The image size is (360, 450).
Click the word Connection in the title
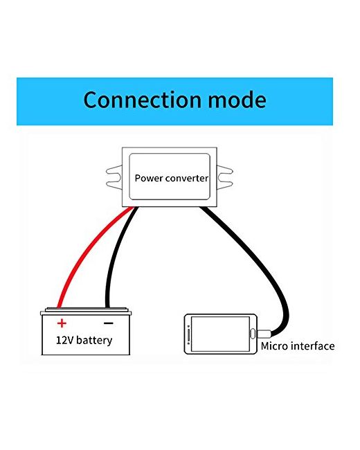pos(142,100)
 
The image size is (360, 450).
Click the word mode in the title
pos(237,100)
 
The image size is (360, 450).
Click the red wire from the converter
pos(86,253)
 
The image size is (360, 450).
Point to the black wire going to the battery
pos(114,255)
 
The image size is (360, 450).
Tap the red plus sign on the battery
pos(62,323)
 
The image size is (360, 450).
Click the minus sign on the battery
pos(108,323)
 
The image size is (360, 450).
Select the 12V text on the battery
pos(65,341)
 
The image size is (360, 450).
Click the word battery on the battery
pos(94,341)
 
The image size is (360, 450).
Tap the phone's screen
pos(220,334)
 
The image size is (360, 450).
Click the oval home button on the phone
pos(253,334)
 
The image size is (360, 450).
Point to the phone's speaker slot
pos(188,334)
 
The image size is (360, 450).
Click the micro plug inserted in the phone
pos(264,334)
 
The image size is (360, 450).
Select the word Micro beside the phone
pos(274,346)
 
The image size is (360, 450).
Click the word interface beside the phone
pos(312,346)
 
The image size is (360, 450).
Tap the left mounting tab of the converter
pos(114,177)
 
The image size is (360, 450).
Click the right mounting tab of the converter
pos(225,177)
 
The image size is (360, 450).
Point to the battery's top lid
pos(86,311)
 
